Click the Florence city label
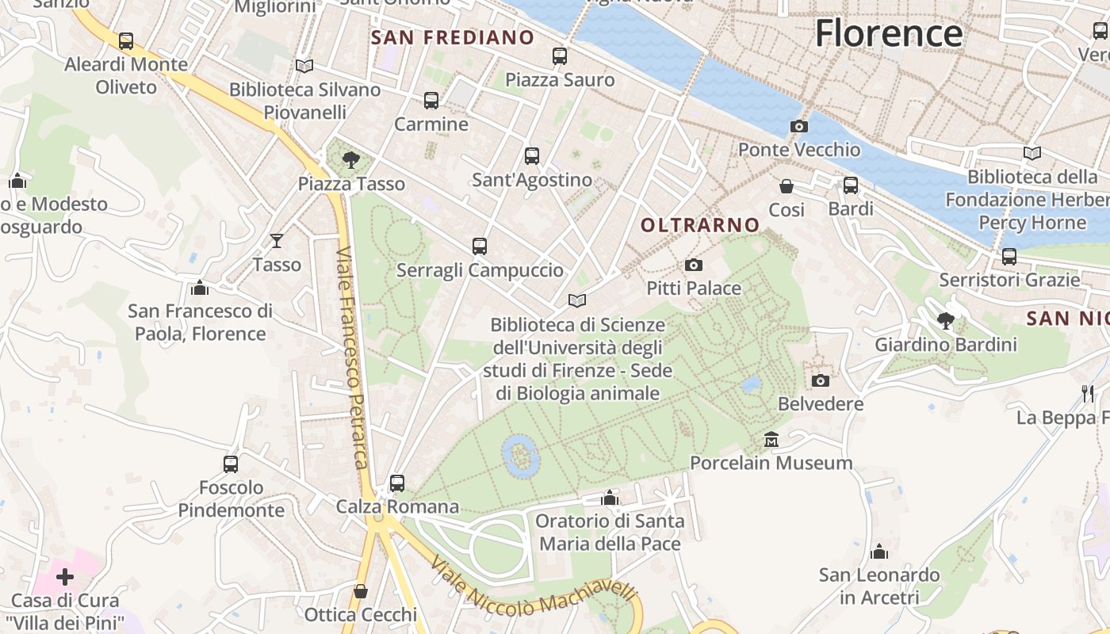(x=889, y=33)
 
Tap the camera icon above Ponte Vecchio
(x=799, y=126)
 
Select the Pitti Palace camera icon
(x=694, y=265)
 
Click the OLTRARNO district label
(x=700, y=225)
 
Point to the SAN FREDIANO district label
(x=453, y=37)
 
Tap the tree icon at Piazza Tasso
(x=351, y=161)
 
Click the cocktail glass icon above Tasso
(x=277, y=241)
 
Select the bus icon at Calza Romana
(x=397, y=483)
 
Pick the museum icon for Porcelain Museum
(x=771, y=439)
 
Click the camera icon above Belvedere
(x=821, y=380)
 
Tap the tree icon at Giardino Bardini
(x=945, y=321)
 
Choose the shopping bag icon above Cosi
(x=787, y=186)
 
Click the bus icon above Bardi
(x=851, y=185)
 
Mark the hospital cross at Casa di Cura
(x=65, y=576)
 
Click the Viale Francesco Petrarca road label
(x=353, y=357)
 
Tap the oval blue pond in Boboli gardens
(x=521, y=456)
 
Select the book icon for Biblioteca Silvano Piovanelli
(x=304, y=66)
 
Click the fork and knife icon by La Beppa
(x=1088, y=393)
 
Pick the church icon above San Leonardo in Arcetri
(x=878, y=552)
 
